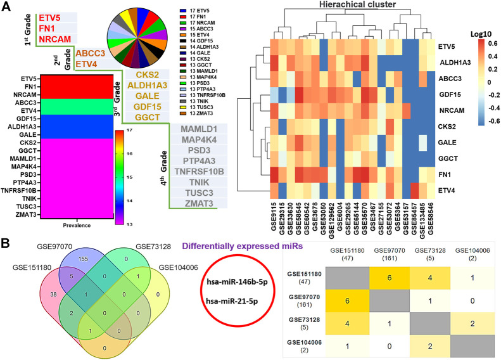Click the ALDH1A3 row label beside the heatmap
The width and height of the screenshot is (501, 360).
coord(456,63)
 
